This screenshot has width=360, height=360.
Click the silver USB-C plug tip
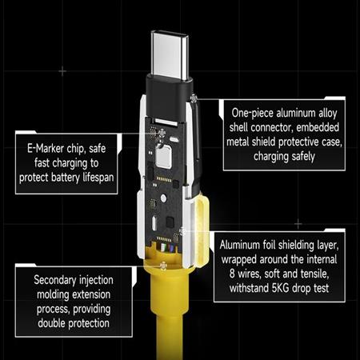(170, 55)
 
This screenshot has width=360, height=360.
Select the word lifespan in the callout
(98, 178)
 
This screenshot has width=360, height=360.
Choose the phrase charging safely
(284, 156)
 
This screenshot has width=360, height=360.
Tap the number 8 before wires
(232, 274)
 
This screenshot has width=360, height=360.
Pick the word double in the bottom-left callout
(52, 323)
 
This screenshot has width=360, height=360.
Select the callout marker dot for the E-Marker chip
(162, 133)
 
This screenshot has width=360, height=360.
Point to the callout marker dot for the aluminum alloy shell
(194, 98)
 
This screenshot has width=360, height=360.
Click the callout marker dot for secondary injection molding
(163, 266)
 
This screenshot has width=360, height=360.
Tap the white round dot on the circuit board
(163, 198)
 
